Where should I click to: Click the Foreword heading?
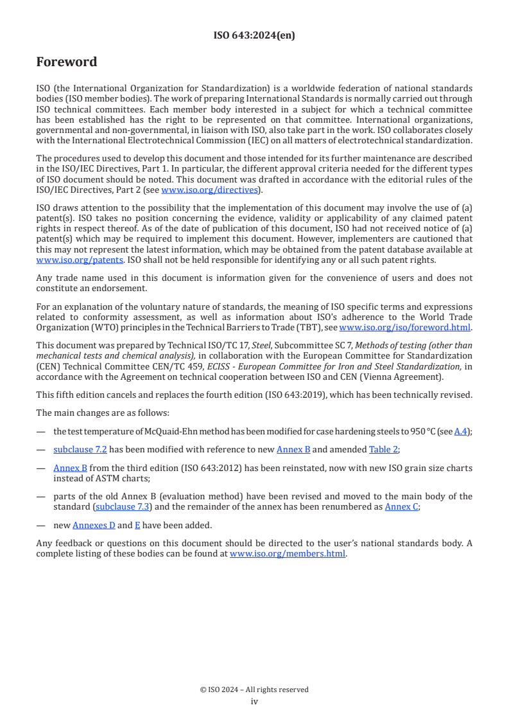click(67, 62)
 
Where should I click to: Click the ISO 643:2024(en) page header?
click(254, 36)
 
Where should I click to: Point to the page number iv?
click(254, 701)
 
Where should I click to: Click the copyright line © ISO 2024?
click(254, 690)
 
